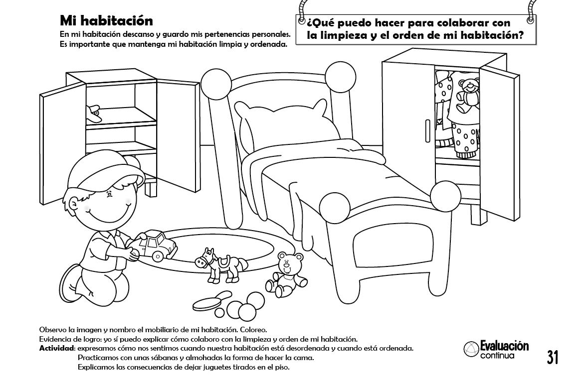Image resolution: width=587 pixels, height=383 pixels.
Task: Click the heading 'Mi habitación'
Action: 106,20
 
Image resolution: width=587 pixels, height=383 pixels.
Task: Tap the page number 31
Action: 552,358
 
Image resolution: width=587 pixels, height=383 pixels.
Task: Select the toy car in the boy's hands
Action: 156,245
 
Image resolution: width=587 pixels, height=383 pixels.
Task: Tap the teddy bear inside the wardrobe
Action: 468,95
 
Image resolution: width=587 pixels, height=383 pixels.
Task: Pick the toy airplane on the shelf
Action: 93,114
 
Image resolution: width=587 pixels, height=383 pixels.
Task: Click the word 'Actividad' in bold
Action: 57,348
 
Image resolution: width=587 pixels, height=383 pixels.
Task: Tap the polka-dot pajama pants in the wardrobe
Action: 466,137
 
